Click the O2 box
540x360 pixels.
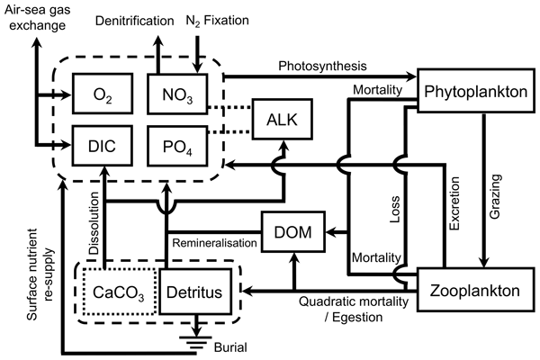click(x=103, y=94)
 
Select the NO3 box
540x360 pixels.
click(x=177, y=94)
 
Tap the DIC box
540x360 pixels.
click(x=103, y=146)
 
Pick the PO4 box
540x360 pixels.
click(x=177, y=146)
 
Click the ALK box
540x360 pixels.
click(x=283, y=119)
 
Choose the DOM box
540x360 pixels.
click(x=293, y=232)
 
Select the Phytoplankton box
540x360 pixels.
click(x=476, y=91)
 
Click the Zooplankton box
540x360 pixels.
click(x=476, y=290)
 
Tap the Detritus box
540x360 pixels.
click(x=194, y=292)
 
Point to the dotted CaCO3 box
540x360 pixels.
click(x=119, y=292)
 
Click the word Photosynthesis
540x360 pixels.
click(x=322, y=66)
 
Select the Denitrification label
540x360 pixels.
click(x=135, y=21)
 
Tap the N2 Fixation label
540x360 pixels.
click(x=217, y=21)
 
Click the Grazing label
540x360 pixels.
click(x=494, y=196)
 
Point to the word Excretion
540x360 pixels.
click(x=454, y=203)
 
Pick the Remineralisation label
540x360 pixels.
click(x=214, y=243)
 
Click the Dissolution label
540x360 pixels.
click(x=94, y=223)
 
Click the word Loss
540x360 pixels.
click(x=395, y=209)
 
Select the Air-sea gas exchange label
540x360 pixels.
click(x=37, y=18)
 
